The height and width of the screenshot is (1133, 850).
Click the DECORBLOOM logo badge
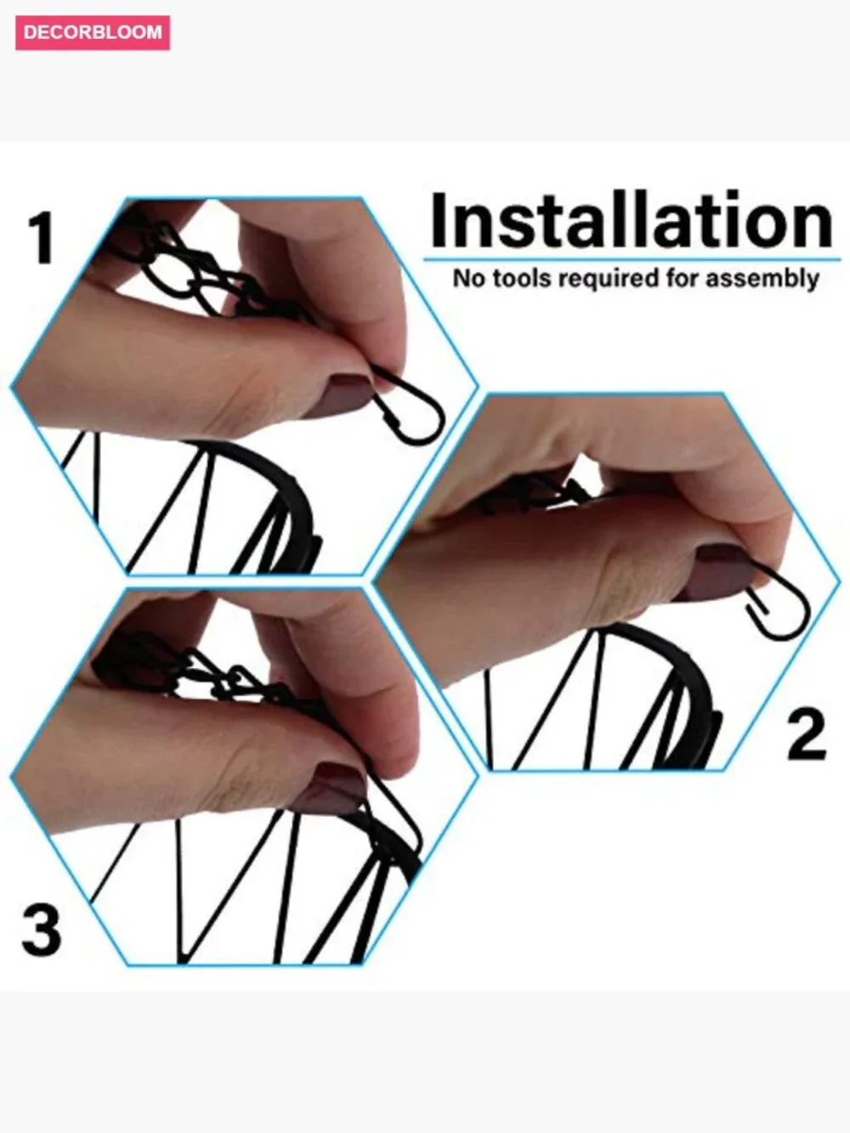93,32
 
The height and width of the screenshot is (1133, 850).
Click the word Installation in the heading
632,219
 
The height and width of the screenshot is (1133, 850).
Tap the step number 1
41,238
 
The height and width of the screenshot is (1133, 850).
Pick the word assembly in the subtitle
762,280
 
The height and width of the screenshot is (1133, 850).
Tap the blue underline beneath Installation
632,259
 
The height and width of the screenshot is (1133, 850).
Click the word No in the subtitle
468,279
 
